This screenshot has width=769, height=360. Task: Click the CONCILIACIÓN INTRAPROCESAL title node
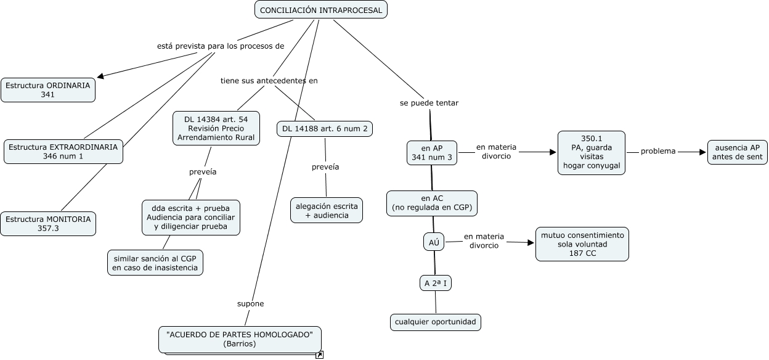pos(321,10)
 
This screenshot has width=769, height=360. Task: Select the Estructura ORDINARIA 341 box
pos(48,89)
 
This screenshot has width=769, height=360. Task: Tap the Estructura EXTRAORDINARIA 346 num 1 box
pos(63,152)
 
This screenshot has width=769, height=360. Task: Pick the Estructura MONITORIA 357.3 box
pos(48,224)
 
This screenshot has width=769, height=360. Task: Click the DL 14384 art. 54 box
pos(216,129)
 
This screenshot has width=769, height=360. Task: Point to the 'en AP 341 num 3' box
pos(432,153)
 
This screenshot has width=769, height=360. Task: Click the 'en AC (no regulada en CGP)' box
pos(432,203)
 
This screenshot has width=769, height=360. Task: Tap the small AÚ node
pos(434,243)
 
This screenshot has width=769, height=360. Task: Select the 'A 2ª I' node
pos(436,283)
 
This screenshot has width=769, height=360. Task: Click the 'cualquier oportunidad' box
pos(435,322)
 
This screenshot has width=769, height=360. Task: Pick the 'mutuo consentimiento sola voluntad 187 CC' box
pos(582,244)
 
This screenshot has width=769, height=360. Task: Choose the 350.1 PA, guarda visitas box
pos(592,152)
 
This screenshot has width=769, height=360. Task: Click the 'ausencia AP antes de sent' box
pos(737,152)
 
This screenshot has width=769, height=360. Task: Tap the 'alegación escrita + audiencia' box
pos(327,210)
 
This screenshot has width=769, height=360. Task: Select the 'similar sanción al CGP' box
pos(155,263)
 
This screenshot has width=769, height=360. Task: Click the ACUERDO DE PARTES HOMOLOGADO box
pos(240,340)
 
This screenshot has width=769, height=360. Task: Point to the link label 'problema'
pos(658,151)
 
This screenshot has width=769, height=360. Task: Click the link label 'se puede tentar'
pos(429,103)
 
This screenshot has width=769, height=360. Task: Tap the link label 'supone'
pos(250,303)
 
